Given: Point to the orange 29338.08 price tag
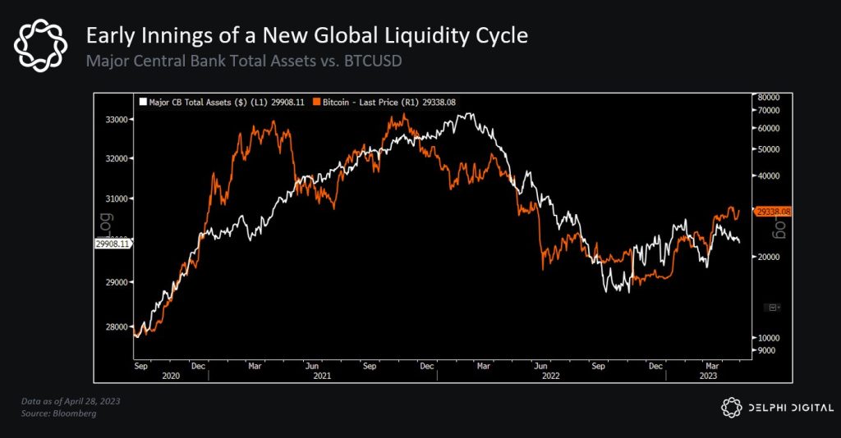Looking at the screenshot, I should pos(773,212).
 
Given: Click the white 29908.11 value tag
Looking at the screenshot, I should pos(113,244).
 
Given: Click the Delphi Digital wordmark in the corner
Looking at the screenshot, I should pos(790,407).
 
